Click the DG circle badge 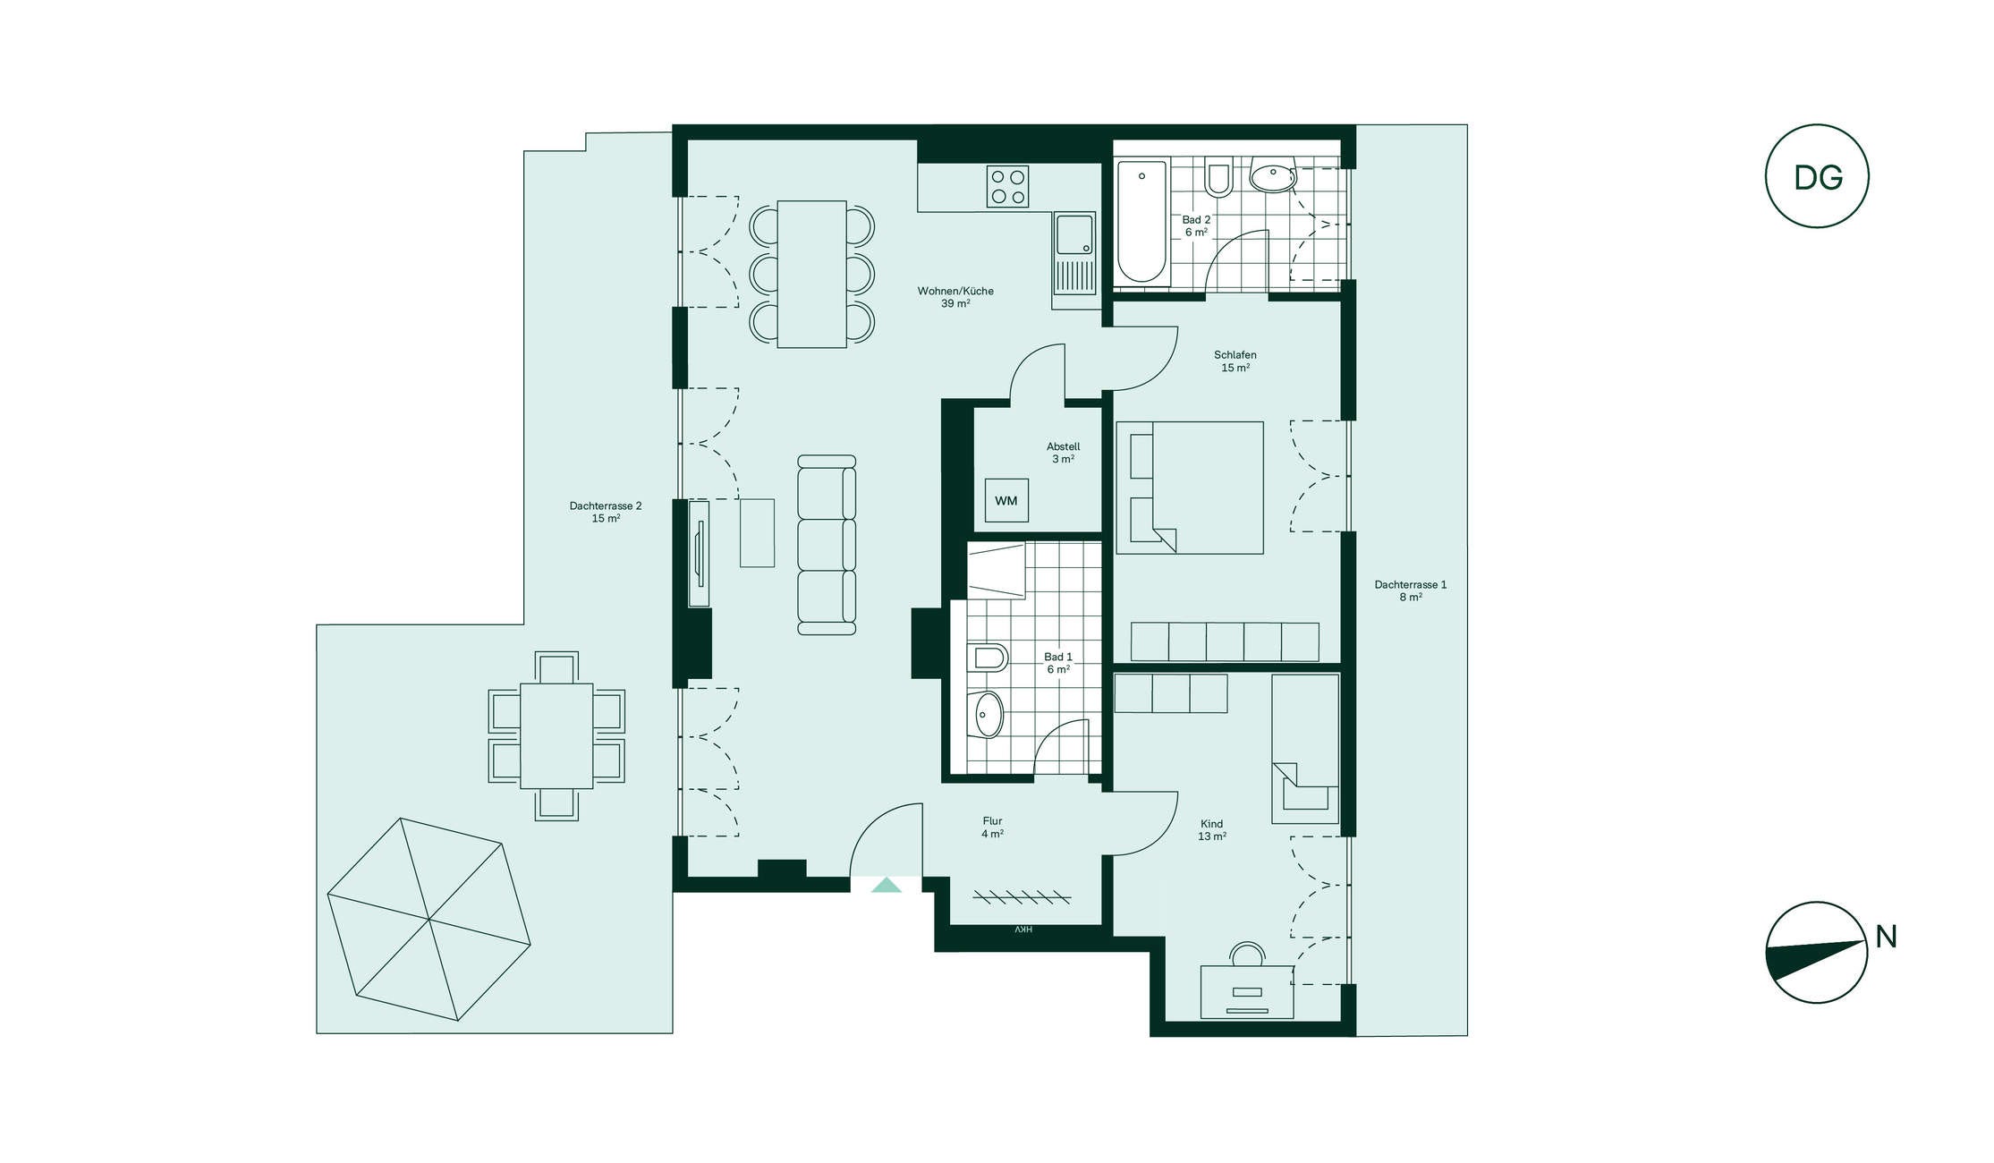(1817, 176)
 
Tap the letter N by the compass (1886, 937)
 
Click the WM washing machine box (1006, 500)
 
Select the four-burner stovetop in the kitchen (1007, 186)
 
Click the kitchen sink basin (1073, 234)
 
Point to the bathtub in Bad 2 (1142, 222)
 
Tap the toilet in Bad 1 (988, 658)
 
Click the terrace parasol (428, 920)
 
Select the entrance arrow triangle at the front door (886, 885)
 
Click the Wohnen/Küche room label (955, 291)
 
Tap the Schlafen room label (1235, 355)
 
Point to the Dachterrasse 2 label (606, 505)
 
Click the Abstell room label (1064, 446)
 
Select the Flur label (992, 820)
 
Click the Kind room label (1212, 824)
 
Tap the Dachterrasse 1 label (1411, 584)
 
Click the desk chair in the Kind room (1247, 954)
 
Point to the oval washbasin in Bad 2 (1272, 177)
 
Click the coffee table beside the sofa (757, 532)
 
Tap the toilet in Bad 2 (1218, 178)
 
